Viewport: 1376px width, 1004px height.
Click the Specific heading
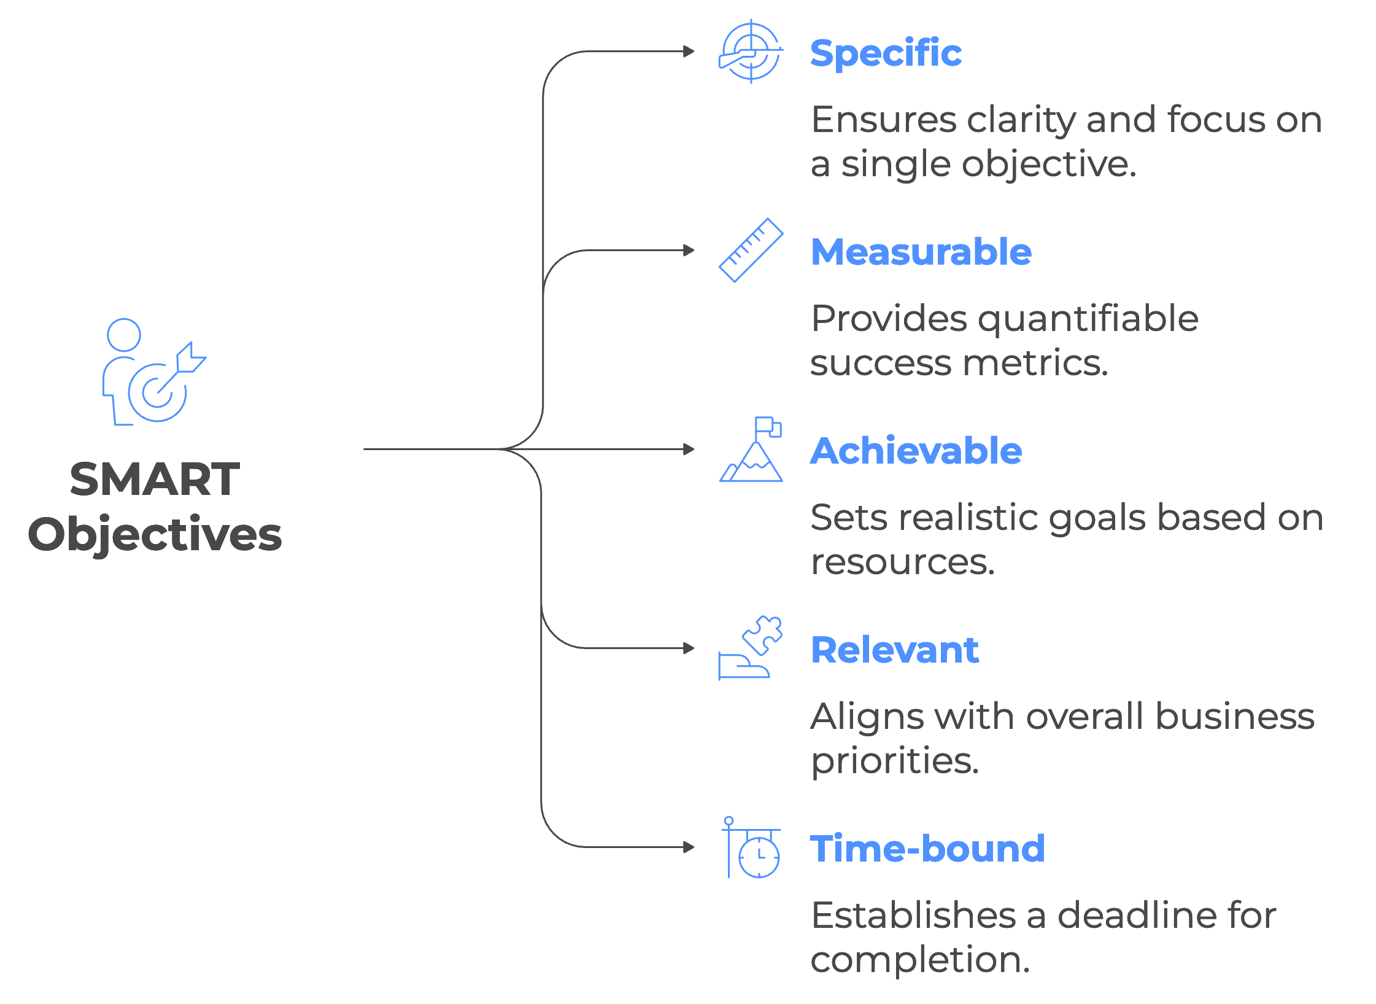(886, 53)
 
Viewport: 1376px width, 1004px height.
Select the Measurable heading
(921, 252)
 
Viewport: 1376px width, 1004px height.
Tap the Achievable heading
(916, 451)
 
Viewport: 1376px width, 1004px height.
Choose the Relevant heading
(894, 650)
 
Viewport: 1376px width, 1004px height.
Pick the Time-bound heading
(927, 849)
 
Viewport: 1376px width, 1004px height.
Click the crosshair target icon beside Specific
(751, 52)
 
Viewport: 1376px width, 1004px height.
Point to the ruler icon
(751, 251)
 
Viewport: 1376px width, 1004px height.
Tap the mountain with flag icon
(751, 450)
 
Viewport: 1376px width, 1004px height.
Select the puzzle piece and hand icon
(751, 648)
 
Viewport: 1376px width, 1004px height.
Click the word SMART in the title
(155, 480)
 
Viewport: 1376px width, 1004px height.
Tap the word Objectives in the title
(155, 534)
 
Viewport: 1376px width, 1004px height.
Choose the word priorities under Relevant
(894, 761)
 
